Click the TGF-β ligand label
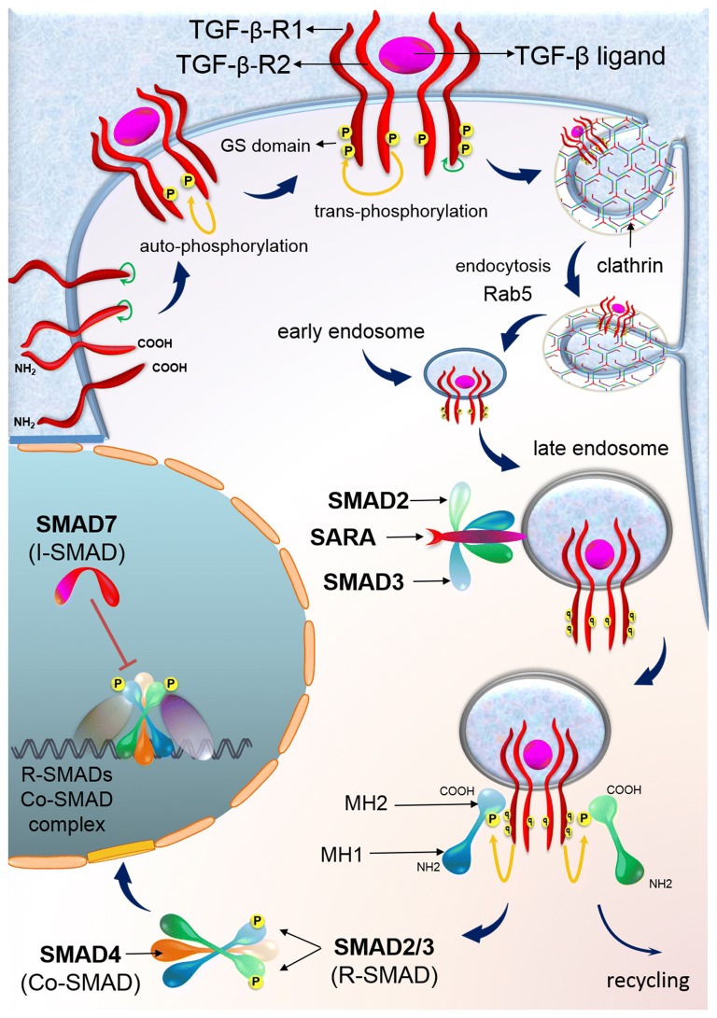click(x=592, y=56)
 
